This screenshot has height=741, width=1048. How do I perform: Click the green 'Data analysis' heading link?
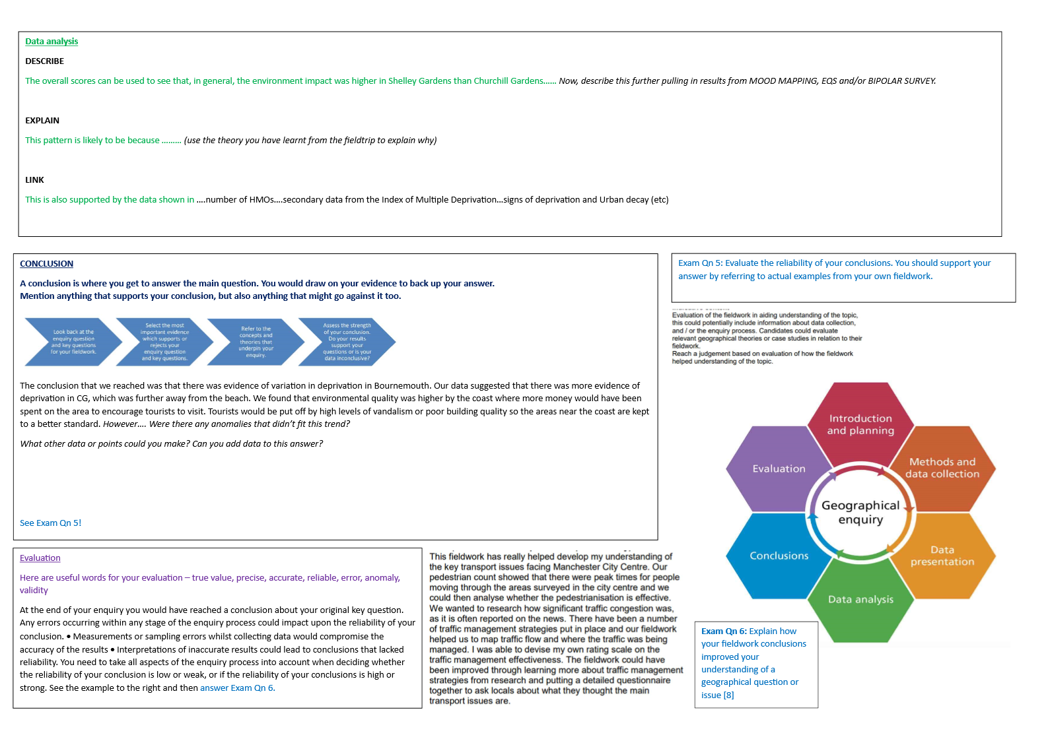click(52, 42)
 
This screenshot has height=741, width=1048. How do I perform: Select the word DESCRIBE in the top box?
click(45, 61)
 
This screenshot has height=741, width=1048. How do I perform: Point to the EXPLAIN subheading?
click(42, 121)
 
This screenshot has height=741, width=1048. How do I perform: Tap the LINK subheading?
click(34, 180)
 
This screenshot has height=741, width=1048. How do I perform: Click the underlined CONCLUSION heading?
click(46, 264)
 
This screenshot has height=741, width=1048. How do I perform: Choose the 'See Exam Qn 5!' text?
click(51, 523)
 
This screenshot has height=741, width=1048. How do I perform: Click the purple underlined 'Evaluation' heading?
click(40, 558)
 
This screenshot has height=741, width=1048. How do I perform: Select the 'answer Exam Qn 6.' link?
click(238, 688)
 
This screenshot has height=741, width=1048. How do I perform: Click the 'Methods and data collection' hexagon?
click(942, 468)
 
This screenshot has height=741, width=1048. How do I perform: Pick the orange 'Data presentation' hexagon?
click(942, 556)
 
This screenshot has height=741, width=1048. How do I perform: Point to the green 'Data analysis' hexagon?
click(860, 600)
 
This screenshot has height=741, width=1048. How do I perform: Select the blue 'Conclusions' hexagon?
click(779, 556)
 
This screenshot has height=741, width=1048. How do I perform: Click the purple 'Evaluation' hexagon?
click(779, 468)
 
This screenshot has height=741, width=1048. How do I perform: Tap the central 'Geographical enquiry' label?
click(860, 512)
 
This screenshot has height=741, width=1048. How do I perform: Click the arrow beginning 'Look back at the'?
click(73, 342)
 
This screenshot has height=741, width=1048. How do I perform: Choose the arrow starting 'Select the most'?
click(164, 342)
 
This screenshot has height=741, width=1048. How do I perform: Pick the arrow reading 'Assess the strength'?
click(347, 342)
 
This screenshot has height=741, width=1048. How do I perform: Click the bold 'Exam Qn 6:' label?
click(724, 631)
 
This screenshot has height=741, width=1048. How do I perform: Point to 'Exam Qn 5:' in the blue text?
click(700, 263)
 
